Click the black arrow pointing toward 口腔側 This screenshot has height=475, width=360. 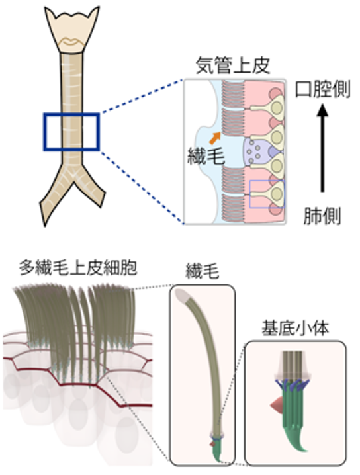click(322, 152)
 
